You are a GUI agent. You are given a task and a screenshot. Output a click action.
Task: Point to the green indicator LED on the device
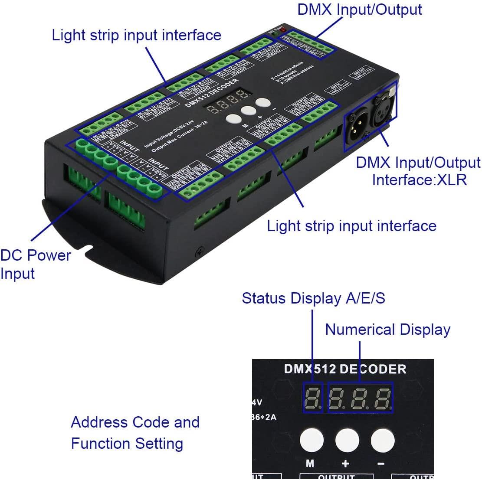(x=274, y=33)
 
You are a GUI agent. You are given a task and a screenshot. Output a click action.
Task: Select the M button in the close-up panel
(x=310, y=440)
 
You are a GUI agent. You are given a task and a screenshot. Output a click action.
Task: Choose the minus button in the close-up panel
(x=381, y=440)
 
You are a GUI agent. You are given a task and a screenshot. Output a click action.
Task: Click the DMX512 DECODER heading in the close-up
(x=345, y=369)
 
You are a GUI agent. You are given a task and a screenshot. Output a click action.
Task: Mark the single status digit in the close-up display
(x=313, y=398)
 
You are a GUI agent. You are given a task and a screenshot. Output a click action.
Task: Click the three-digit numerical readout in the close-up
(x=360, y=398)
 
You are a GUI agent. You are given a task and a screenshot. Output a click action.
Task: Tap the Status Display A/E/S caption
(x=313, y=298)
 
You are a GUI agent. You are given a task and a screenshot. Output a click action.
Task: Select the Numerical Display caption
(x=387, y=330)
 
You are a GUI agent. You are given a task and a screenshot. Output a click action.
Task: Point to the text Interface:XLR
(x=419, y=180)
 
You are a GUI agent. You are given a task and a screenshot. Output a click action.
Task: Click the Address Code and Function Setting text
(x=135, y=433)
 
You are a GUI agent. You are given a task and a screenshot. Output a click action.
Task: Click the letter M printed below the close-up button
(x=310, y=464)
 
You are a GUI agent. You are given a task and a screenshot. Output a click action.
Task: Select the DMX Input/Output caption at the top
(x=359, y=10)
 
